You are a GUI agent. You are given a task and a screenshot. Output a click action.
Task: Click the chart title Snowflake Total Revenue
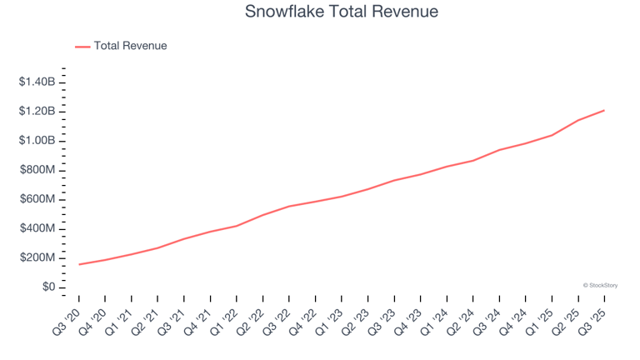pyautogui.click(x=342, y=12)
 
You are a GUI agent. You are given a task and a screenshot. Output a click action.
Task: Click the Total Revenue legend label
pyautogui.click(x=130, y=46)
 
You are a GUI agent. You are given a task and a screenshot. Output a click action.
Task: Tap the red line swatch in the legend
pyautogui.click(x=82, y=47)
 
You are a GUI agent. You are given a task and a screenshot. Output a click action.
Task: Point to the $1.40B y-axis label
pyautogui.click(x=37, y=82)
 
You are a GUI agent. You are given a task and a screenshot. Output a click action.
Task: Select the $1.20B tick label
pyautogui.click(x=37, y=111)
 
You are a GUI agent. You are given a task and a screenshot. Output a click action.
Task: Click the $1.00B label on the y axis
pyautogui.click(x=37, y=140)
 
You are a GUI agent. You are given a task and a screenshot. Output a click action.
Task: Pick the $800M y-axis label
pyautogui.click(x=38, y=170)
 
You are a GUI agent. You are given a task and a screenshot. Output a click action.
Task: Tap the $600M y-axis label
pyautogui.click(x=38, y=199)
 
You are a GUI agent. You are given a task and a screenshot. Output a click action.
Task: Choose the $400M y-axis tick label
pyautogui.click(x=38, y=228)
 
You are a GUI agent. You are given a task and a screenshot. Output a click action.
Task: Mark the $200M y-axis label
pyautogui.click(x=38, y=257)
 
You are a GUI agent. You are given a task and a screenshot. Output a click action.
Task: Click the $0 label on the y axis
pyautogui.click(x=47, y=287)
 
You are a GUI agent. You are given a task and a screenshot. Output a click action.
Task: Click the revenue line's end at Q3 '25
pyautogui.click(x=603, y=110)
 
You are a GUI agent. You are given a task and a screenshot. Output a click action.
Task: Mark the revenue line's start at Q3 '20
pyautogui.click(x=79, y=264)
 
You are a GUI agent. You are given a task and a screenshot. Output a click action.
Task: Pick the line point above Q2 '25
pyautogui.click(x=577, y=120)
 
